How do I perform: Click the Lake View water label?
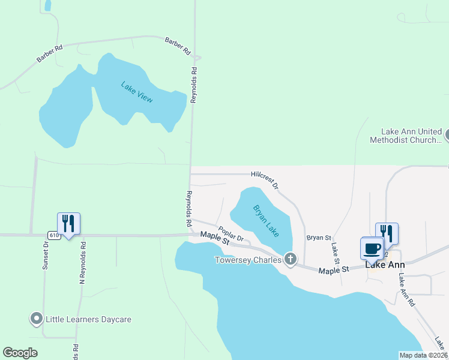(137, 92)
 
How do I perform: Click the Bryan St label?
(319, 238)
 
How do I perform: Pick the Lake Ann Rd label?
(406, 292)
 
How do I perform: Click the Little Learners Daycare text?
(88, 319)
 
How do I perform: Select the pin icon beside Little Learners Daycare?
(36, 319)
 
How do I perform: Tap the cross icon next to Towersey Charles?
(290, 259)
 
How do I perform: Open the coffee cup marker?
(372, 248)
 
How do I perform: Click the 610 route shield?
(54, 235)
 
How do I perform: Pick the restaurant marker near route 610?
(68, 224)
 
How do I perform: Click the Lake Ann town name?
(385, 265)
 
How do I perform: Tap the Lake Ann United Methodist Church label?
(412, 136)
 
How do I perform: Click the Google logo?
(20, 353)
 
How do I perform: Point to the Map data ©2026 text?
(423, 355)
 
